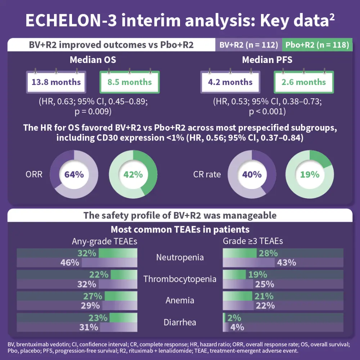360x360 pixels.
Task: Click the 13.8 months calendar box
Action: coord(56,82)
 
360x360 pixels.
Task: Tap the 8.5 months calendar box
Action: coord(130,82)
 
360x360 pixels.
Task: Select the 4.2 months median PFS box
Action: coord(230,82)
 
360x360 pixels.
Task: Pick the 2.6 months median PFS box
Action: coord(304,82)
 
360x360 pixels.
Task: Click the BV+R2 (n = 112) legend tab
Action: coord(249,45)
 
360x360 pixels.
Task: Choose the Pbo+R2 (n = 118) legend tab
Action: coord(317,45)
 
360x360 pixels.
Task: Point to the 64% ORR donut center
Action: coord(74,175)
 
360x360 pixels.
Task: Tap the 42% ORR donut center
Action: coord(133,175)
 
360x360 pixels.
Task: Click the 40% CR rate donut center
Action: coord(252,175)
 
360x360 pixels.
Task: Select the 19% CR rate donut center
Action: coord(310,175)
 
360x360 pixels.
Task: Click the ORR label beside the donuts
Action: coord(34,175)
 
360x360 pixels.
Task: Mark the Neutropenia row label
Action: coord(180,258)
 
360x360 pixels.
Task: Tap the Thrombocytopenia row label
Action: coord(180,279)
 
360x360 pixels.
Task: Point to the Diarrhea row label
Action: coord(180,322)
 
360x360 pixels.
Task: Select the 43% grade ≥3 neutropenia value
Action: coord(286,262)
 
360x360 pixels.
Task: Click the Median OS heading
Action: coord(93,60)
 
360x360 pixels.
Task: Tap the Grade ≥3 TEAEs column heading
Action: coord(253,241)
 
